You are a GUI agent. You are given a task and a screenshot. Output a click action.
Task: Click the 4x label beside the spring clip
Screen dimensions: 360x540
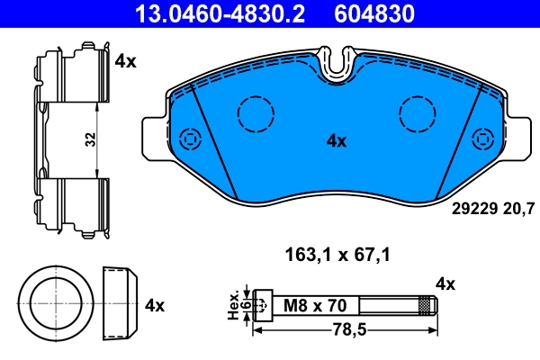point(125,61)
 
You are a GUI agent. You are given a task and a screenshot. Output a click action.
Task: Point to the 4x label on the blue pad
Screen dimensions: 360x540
point(336,140)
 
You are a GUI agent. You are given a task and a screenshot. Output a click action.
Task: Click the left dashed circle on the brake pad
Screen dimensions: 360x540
point(255,113)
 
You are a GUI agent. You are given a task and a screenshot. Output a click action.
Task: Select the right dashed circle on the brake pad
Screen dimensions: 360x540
point(417,113)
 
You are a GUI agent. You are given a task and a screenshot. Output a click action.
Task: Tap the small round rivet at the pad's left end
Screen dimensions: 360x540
point(190,139)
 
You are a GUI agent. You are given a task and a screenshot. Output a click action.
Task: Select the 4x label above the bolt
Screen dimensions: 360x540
point(445,284)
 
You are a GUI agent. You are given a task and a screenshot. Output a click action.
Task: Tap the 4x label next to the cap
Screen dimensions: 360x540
point(154,305)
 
